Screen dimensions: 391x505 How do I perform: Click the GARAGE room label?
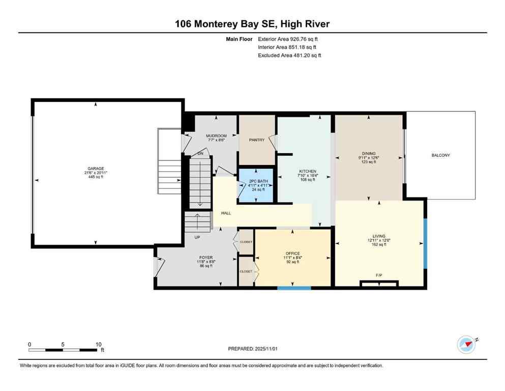coord(95,168)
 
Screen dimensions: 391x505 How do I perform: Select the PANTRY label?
coord(256,140)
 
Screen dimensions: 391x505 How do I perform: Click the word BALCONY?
coord(440,155)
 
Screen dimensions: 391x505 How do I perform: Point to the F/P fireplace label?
coord(379,275)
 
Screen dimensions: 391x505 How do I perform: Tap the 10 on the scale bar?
coord(99,344)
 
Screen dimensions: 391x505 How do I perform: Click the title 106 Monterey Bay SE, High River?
coord(252,24)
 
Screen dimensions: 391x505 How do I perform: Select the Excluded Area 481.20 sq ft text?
coord(289,55)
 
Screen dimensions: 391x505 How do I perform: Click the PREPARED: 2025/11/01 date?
coord(253,349)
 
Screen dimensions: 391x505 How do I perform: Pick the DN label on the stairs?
coord(200,153)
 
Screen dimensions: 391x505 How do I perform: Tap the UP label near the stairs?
coord(197,237)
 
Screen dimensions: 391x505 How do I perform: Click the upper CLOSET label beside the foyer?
coord(246,242)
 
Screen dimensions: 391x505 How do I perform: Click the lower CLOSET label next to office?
coord(246,271)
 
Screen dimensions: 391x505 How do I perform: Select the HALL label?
coord(226,213)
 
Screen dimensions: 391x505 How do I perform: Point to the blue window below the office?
coord(294,288)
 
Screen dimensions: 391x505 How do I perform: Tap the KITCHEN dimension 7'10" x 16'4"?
coord(308,176)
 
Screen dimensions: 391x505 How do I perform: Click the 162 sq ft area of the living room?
coord(379,244)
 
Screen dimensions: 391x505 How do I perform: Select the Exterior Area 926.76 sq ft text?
coord(290,39)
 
